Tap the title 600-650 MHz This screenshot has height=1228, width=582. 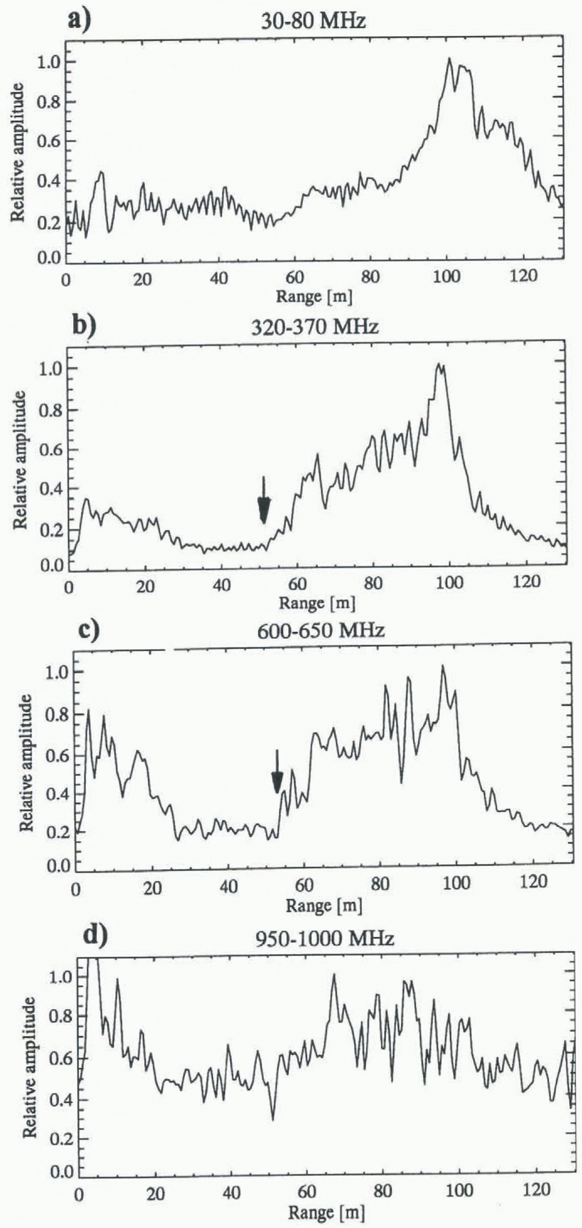pos(321,631)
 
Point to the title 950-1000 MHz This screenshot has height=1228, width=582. pos(325,939)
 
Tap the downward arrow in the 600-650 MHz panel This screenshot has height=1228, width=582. pos(277,773)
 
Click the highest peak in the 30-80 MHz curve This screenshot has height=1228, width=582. pos(449,59)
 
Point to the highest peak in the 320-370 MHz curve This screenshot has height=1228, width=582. pos(439,365)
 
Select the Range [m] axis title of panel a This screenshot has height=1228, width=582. pos(314,296)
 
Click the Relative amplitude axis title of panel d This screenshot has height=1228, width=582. pos(30,1077)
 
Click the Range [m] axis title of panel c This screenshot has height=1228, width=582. pos(324,905)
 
